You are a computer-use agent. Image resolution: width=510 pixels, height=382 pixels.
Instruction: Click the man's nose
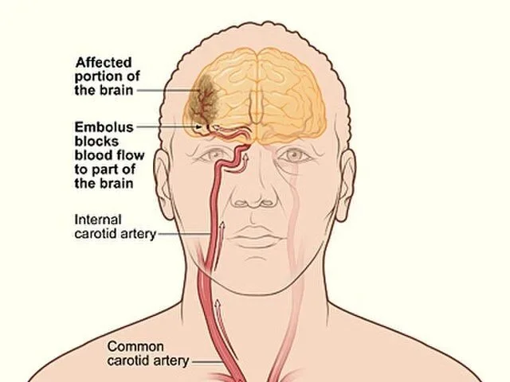(x=253, y=199)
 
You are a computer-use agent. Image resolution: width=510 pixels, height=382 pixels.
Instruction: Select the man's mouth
(x=253, y=236)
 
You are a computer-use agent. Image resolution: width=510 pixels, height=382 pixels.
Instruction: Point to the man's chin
(x=253, y=275)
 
